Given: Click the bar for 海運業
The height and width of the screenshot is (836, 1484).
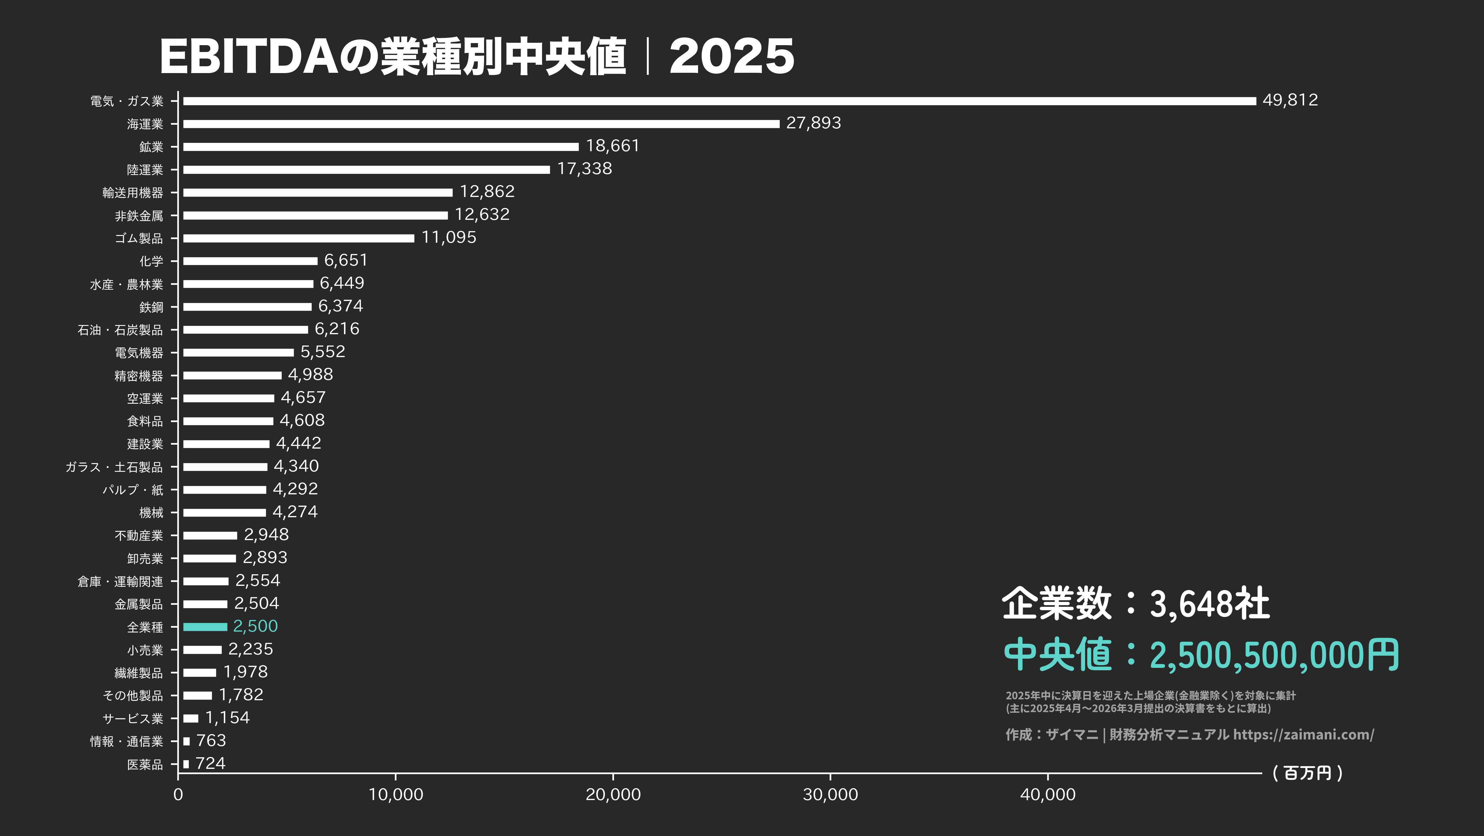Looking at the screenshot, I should pos(481,124).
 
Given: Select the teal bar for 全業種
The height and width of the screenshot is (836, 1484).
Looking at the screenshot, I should pos(205,627).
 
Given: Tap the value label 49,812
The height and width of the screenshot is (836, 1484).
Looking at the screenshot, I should pos(1290,100).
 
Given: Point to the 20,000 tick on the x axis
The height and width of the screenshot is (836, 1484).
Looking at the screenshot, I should pos(613,794).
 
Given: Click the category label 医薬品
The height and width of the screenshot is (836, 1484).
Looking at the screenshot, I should pos(145,764).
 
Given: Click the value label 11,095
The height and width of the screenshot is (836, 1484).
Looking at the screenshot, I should pos(449,238).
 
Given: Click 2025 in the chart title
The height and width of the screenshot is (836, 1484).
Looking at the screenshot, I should pos(732,56).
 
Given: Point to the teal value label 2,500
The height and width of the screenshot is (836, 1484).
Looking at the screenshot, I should pos(255,626).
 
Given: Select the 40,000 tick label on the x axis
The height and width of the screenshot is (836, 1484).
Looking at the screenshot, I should pos(1047,794).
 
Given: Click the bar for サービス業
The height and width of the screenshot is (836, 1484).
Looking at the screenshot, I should pos(191,718).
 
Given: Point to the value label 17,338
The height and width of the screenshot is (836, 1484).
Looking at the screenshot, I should pos(584,169).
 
